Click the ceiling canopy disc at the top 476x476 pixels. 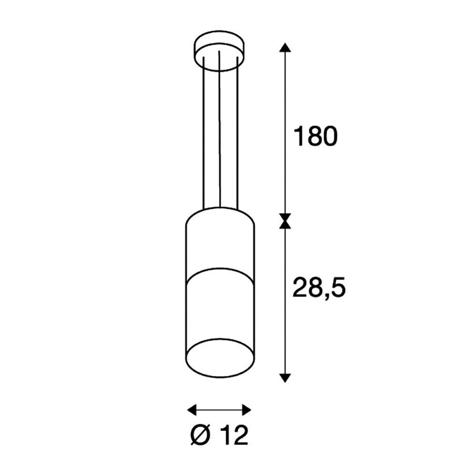(x=219, y=48)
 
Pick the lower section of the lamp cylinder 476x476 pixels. (x=219, y=309)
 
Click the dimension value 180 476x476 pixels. (x=315, y=137)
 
